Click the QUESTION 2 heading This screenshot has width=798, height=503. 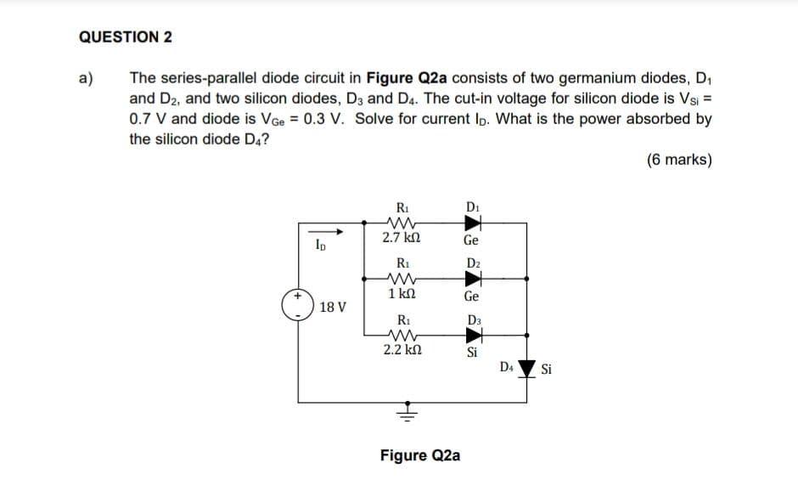pos(126,37)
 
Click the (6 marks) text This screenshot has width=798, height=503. pos(678,160)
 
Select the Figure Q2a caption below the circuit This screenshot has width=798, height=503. pos(420,455)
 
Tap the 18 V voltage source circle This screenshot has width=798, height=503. pos(298,305)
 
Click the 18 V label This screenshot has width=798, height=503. pos(333,307)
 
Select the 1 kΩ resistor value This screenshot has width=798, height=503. pos(400,294)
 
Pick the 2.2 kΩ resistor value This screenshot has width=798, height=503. pos(401,348)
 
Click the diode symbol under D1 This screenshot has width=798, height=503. pos(473,223)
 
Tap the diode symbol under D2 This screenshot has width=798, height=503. pos(473,277)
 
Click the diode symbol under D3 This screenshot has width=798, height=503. pos(473,335)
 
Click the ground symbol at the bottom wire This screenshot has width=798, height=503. pos(408,414)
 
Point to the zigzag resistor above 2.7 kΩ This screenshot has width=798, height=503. pos(400,223)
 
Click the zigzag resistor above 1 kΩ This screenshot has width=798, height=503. pos(400,277)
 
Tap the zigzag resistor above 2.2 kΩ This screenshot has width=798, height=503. pos(400,335)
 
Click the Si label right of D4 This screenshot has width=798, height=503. pos(548,370)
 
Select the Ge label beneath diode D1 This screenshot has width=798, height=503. pos(472,240)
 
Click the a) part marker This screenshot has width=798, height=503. pos(86,80)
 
